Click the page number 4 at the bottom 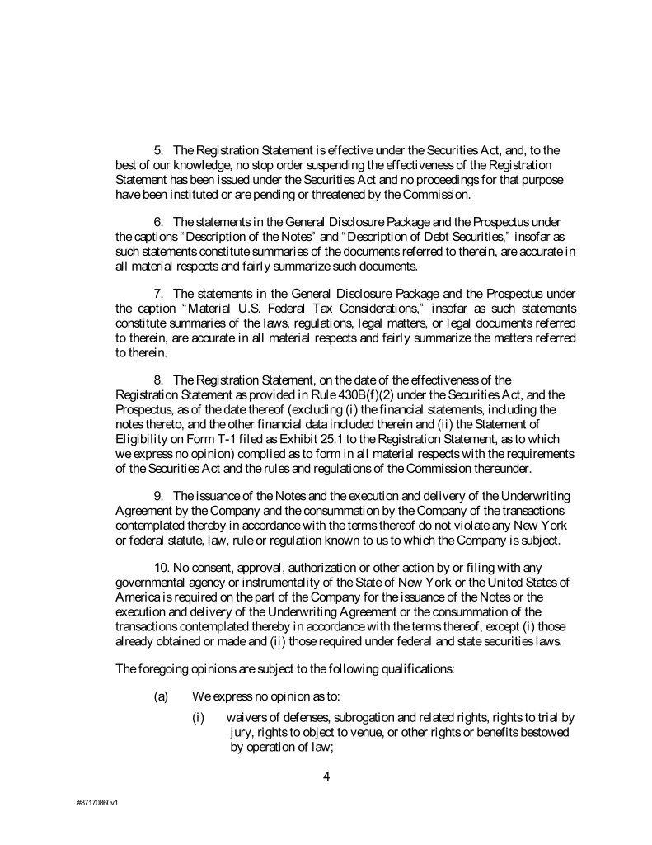(326, 774)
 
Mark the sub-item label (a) (162, 696)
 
